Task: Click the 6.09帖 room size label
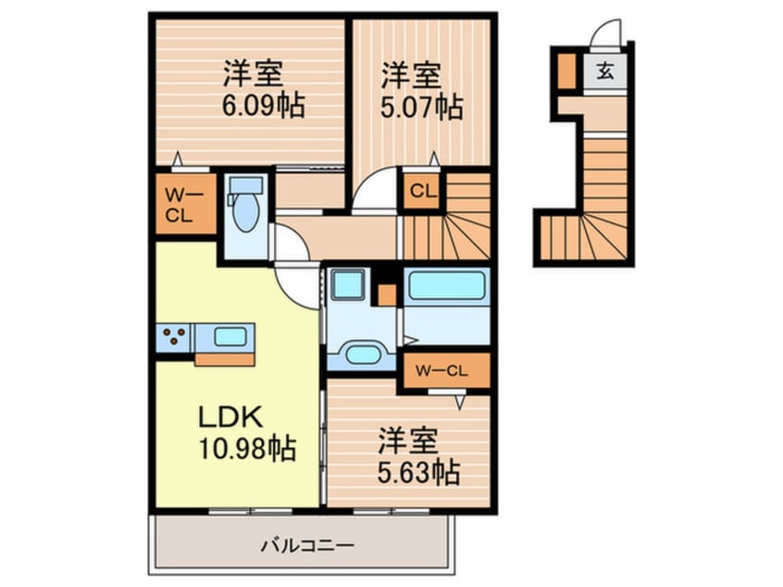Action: click(x=263, y=106)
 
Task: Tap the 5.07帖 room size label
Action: click(x=422, y=106)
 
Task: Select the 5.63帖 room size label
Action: click(x=418, y=472)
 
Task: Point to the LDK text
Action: click(x=230, y=418)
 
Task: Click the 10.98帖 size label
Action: click(x=248, y=448)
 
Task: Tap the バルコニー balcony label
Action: click(x=307, y=545)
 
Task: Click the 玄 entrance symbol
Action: click(x=605, y=71)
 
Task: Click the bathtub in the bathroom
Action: click(x=446, y=285)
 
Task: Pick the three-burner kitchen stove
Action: click(x=174, y=337)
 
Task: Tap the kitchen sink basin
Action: click(x=230, y=337)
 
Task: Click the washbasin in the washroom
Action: click(x=363, y=355)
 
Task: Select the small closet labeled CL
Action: click(x=422, y=192)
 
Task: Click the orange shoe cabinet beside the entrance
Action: click(x=566, y=70)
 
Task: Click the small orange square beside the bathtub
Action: click(x=387, y=294)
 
